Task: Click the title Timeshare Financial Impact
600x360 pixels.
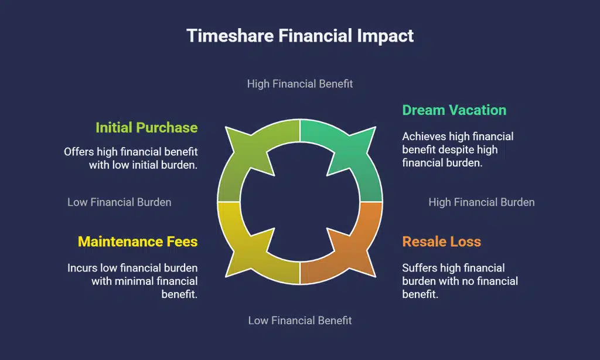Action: tap(300, 35)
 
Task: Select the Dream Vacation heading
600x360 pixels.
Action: tap(454, 110)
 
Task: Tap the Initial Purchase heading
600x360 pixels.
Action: tap(146, 127)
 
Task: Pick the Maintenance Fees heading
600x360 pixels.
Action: tap(138, 242)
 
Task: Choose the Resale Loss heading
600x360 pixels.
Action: tap(441, 242)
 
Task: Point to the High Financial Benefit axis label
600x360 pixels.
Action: tap(300, 84)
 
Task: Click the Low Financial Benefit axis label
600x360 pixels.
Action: tap(300, 320)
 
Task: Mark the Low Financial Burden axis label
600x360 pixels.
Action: tap(120, 202)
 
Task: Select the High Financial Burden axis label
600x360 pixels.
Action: tap(482, 202)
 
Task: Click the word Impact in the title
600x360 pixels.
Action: tap(386, 35)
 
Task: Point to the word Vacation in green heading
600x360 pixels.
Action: tap(477, 110)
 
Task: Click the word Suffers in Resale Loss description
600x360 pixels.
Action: tap(420, 268)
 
